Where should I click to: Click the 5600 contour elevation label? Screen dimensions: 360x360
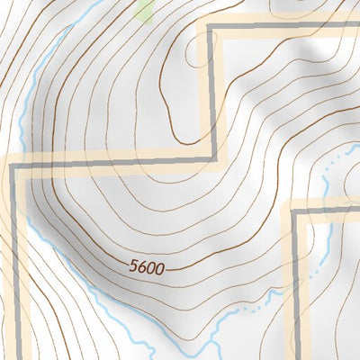pos(148,266)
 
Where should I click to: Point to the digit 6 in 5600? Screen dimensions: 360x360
pos(144,266)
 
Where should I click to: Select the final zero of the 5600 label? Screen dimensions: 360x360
pos(162,266)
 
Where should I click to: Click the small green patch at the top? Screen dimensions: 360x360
pos(145,10)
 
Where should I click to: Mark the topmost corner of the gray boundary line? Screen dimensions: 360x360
pos(211,28)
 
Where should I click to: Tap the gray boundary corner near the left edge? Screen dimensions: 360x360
pos(13,163)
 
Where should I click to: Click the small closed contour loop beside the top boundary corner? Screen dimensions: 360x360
pos(196,49)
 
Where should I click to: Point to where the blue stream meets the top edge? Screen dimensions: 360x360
pos(72,2)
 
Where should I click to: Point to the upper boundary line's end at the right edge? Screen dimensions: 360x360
pos(357,28)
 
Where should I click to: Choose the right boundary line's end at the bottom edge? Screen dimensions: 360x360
pos(293,357)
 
